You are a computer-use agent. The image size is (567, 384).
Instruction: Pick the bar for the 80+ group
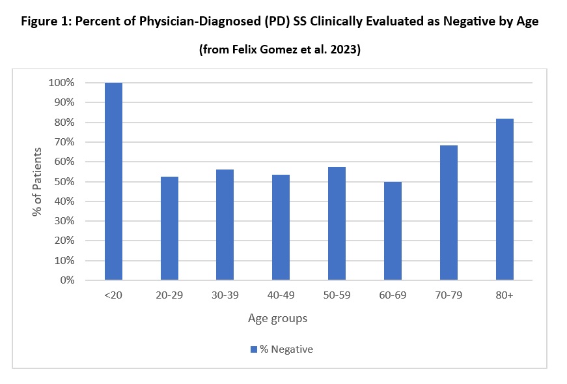505,199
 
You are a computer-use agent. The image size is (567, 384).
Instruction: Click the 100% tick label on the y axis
61,83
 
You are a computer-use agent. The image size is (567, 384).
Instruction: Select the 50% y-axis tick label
63,182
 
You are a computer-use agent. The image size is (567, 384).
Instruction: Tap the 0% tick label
66,280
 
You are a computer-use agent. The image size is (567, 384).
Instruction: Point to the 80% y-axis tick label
63,123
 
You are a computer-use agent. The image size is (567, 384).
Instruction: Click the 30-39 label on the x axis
225,295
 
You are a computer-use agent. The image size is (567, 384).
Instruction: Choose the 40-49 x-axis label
281,295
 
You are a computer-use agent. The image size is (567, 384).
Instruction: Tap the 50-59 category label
337,295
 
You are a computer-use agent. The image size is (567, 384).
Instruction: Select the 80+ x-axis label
505,295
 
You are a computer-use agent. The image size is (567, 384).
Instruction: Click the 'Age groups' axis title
277,319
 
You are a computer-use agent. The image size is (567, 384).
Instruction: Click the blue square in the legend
253,349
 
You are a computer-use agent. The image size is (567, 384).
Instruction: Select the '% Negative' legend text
286,349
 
